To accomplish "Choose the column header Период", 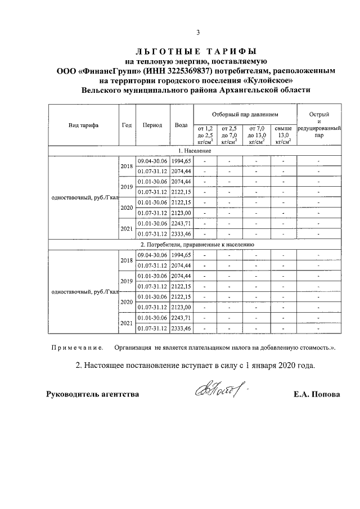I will pyautogui.click(x=152, y=125).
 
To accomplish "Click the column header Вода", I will pyautogui.click(x=181, y=125).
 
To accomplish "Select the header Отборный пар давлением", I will pyautogui.click(x=245, y=114).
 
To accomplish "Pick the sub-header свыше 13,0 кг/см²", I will pyautogui.click(x=283, y=136).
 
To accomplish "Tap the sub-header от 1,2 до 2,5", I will pyautogui.click(x=205, y=136).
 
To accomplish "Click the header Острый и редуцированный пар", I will pyautogui.click(x=318, y=125).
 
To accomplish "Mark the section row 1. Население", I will pyautogui.click(x=195, y=151).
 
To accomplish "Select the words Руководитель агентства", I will pyautogui.click(x=92, y=394).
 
